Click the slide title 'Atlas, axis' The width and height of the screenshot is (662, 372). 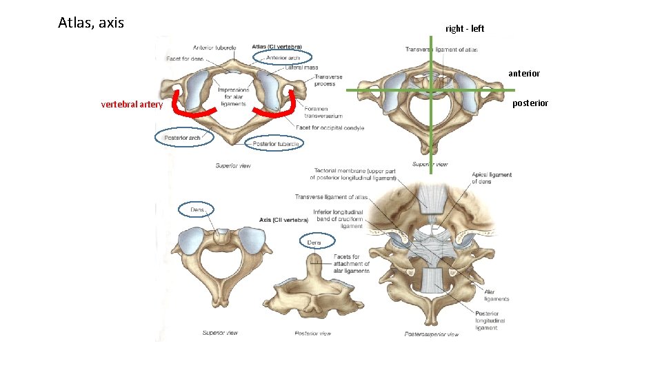(91, 23)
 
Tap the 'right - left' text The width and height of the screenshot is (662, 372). (465, 28)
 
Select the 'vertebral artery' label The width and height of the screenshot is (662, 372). (132, 105)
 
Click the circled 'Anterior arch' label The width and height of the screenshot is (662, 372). (283, 58)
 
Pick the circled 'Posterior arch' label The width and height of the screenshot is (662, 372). (183, 138)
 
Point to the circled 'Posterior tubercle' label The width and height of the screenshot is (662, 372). (275, 144)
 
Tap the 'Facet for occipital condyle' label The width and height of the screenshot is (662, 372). (330, 127)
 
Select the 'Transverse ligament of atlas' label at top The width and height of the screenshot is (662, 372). (441, 50)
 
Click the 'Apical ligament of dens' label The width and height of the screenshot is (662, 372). (492, 178)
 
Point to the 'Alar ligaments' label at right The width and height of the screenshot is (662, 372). (496, 296)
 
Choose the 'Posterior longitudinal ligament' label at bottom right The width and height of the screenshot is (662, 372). (490, 320)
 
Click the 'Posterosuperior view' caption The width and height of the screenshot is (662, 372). (431, 335)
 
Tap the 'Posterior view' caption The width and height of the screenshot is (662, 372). (312, 333)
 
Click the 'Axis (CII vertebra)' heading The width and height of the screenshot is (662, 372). (284, 220)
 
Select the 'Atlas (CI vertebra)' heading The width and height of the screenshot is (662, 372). (277, 48)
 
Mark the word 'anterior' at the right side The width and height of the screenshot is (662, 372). (524, 73)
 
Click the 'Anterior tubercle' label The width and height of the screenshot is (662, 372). (214, 48)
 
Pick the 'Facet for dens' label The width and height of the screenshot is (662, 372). (185, 59)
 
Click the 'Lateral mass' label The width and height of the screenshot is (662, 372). (301, 68)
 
